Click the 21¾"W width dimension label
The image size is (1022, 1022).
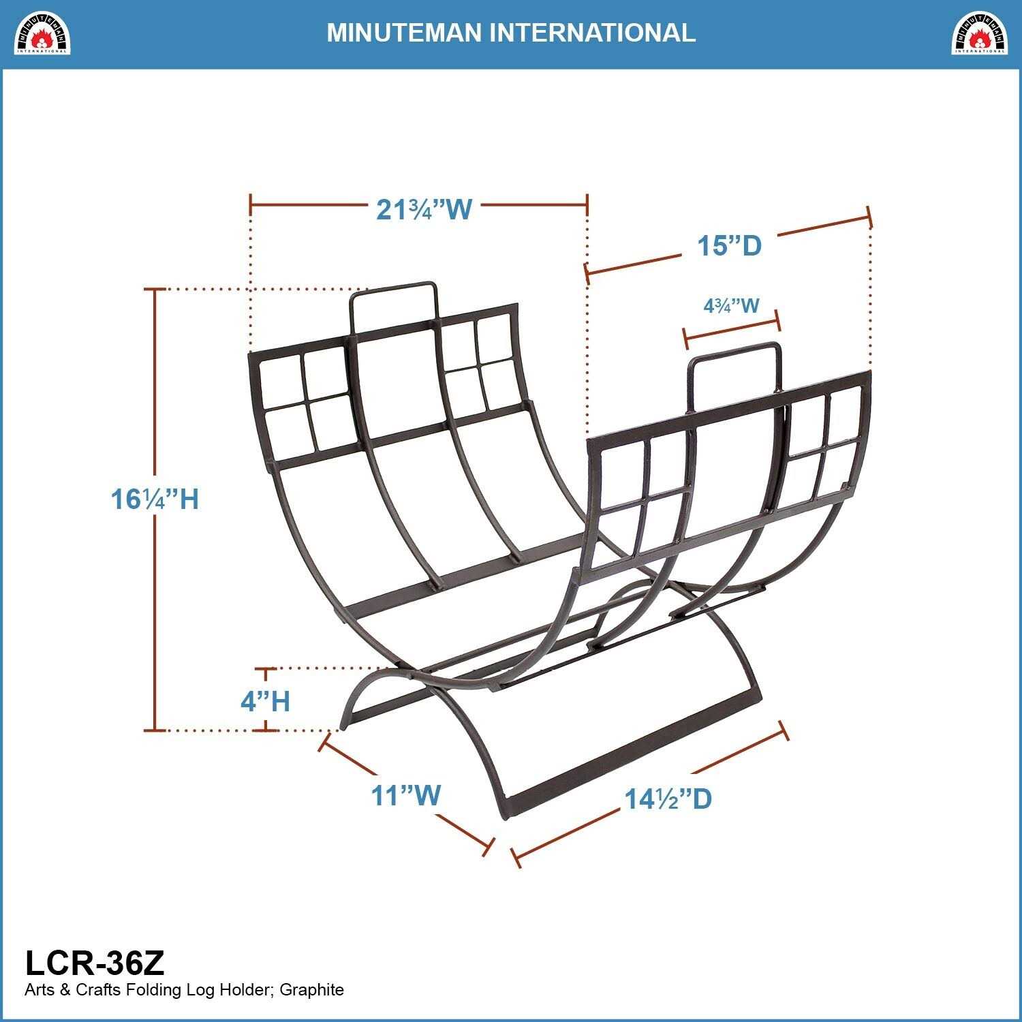[424, 209]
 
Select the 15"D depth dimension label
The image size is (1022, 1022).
[728, 245]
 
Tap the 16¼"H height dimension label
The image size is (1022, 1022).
[155, 499]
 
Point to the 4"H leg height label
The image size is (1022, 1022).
[265, 700]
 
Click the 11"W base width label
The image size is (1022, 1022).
[406, 795]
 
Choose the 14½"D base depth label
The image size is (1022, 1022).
[668, 799]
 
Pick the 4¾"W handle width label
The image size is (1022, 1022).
[731, 305]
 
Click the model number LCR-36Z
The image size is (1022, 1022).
[95, 963]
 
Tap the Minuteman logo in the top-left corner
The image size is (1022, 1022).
[43, 33]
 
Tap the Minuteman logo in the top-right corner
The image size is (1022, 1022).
[979, 33]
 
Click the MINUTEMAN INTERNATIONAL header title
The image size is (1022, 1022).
[511, 33]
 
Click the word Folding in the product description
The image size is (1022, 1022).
[152, 990]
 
